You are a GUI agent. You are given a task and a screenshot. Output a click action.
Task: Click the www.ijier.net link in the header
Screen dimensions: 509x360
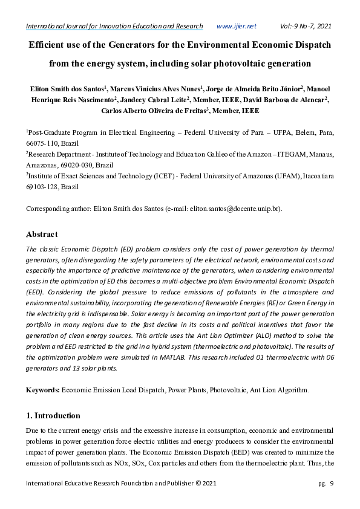(236, 26)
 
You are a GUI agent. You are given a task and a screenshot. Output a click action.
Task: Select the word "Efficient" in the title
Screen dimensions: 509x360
(48, 45)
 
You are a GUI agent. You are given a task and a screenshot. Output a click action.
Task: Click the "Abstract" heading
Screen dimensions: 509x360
(42, 234)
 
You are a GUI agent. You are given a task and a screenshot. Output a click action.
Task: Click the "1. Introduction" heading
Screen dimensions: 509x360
(53, 415)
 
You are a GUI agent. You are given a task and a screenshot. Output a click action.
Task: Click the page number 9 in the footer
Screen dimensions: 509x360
(332, 483)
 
